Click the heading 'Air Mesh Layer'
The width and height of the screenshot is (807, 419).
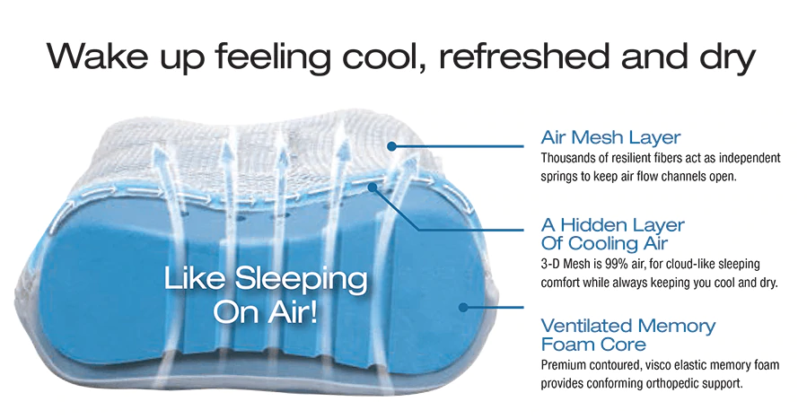tap(610, 138)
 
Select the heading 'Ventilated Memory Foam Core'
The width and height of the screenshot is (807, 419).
tap(627, 335)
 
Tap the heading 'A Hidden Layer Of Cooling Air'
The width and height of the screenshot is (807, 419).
tap(612, 234)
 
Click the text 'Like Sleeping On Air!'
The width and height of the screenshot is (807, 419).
tap(266, 294)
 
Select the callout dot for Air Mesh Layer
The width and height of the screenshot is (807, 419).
tap(391, 146)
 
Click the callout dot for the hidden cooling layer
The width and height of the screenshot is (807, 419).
tap(373, 188)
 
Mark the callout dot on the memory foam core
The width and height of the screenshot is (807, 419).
tap(463, 308)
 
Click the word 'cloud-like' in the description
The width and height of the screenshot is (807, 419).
tap(690, 265)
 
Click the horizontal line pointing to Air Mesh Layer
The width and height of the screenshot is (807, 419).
tap(458, 146)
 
